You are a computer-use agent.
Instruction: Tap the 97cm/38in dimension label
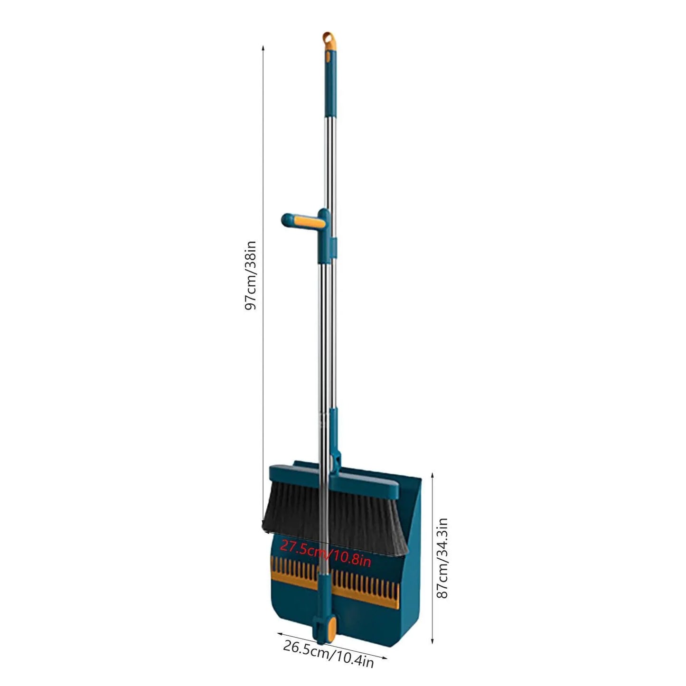point(251,275)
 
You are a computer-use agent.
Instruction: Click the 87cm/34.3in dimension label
point(442,558)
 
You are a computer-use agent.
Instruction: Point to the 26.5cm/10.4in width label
point(329,654)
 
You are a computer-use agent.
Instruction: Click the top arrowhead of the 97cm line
point(263,47)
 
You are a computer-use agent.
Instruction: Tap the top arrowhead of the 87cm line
point(432,475)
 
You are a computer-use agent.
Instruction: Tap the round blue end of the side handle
point(287,220)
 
